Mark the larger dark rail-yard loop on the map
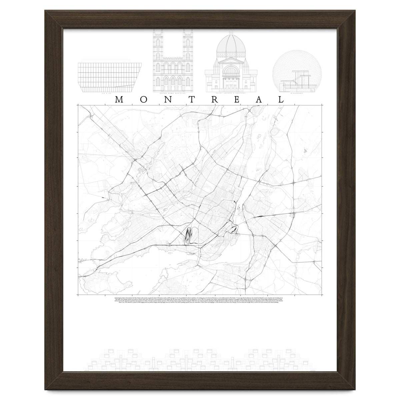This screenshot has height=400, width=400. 188,235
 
